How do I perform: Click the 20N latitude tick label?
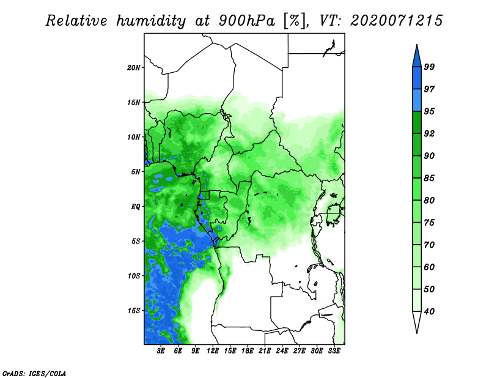[x=133, y=68]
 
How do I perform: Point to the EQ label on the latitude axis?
[x=136, y=207]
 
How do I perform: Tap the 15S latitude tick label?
[x=133, y=311]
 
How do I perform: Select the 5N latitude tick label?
[x=136, y=172]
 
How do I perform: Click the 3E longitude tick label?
[x=161, y=351]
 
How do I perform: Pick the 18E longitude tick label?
[x=248, y=351]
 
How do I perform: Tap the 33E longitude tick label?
[x=334, y=351]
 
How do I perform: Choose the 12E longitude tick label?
[x=213, y=351]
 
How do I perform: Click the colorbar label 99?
[x=429, y=67]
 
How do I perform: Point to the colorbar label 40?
[x=429, y=311]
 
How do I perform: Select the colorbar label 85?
[x=429, y=178]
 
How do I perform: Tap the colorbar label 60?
[x=429, y=267]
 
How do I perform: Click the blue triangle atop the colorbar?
[x=417, y=57]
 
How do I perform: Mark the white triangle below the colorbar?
[x=417, y=320]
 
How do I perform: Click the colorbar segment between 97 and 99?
[x=417, y=78]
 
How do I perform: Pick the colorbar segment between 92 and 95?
[x=417, y=122]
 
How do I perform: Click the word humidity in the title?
[x=151, y=21]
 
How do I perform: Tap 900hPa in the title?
[x=247, y=21]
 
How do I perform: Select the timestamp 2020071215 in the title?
[x=396, y=21]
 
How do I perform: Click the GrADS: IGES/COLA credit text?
[x=34, y=373]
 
